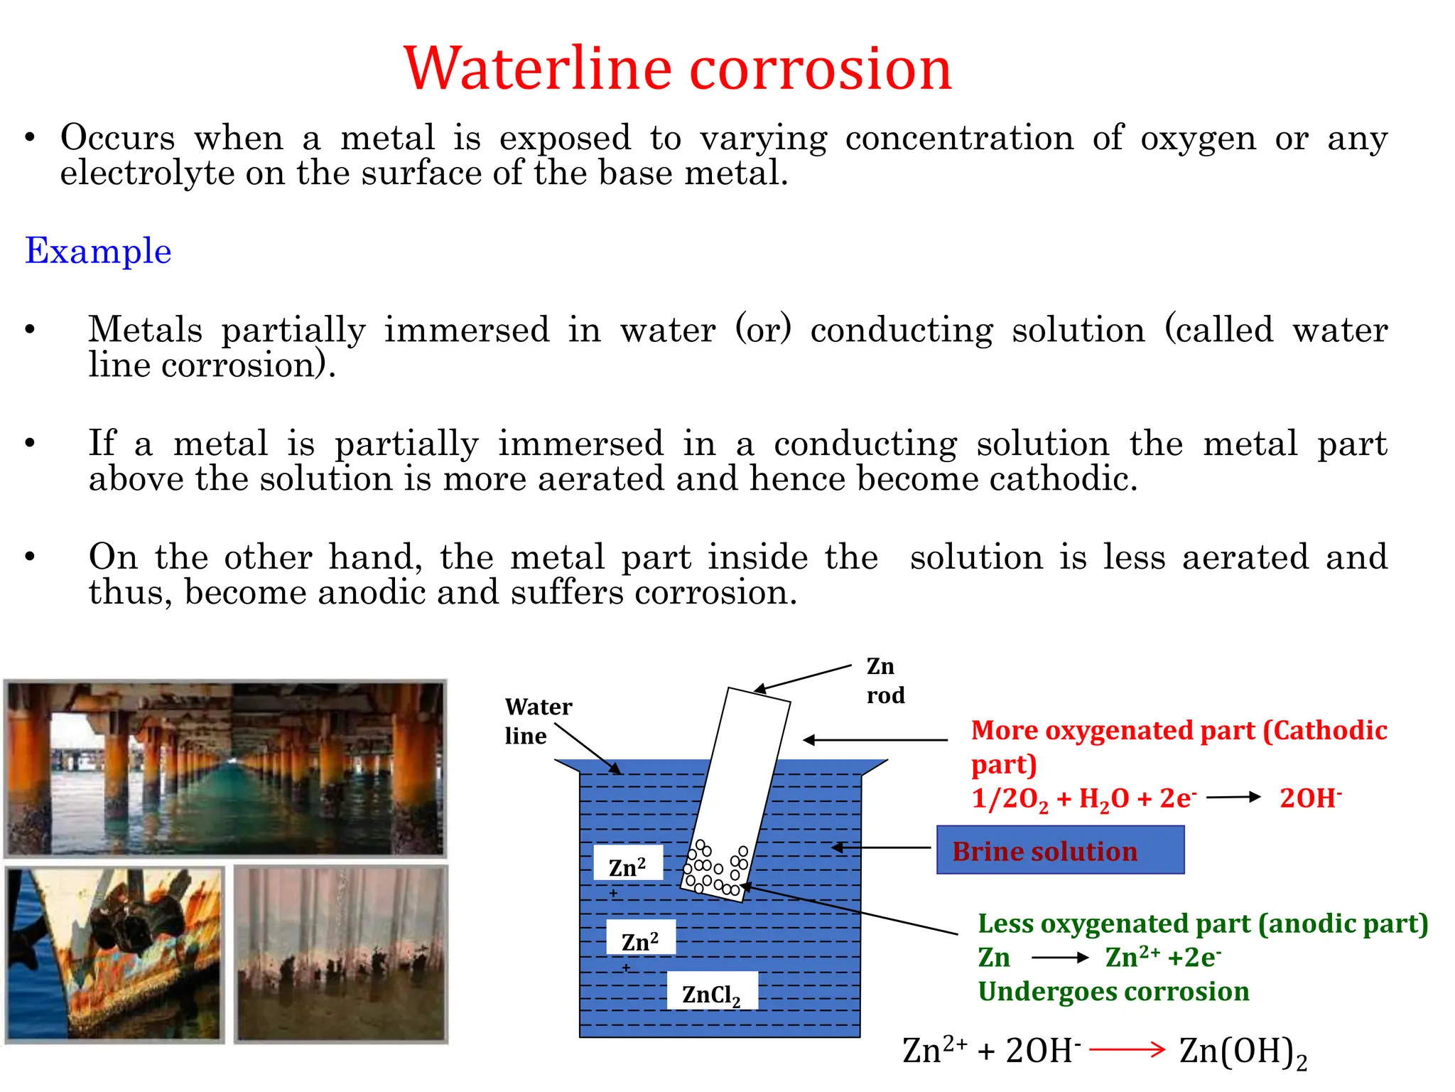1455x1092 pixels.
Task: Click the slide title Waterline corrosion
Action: [x=677, y=69]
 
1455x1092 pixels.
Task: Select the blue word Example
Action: [x=98, y=251]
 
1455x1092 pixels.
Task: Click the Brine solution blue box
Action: [x=1059, y=850]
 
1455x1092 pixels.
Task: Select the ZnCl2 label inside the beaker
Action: [x=711, y=993]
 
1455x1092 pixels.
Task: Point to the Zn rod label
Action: [x=885, y=680]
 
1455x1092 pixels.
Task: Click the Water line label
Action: [x=538, y=721]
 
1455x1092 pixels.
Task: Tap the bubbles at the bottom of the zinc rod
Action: [x=715, y=869]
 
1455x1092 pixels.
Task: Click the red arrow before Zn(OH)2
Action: [x=1127, y=1049]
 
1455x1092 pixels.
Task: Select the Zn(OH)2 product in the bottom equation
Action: [x=1243, y=1051]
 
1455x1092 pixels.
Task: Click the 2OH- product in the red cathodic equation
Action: [x=1310, y=798]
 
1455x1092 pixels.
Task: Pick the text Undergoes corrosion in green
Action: [x=1113, y=992]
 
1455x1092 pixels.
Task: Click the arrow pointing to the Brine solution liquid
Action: [x=880, y=847]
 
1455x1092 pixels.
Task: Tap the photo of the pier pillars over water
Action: [x=225, y=768]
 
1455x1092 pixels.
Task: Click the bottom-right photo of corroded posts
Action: [x=341, y=953]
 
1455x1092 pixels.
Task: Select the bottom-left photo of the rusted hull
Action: [x=114, y=953]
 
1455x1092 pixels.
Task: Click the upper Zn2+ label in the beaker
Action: [x=627, y=867]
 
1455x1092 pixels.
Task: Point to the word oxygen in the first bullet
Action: [x=1198, y=137]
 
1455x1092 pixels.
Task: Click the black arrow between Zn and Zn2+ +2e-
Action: [x=1059, y=958]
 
